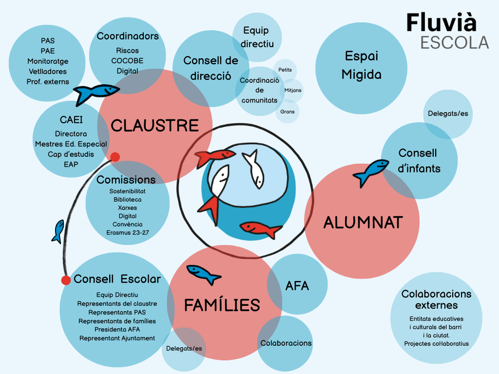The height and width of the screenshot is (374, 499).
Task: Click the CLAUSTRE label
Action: click(154, 125)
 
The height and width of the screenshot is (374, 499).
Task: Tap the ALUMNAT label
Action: click(363, 222)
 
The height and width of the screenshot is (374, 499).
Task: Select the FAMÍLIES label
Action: click(222, 305)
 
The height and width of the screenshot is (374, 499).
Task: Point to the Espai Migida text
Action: click(362, 65)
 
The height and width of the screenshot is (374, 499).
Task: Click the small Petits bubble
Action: click(285, 70)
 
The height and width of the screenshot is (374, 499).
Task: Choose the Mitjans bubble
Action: click(293, 90)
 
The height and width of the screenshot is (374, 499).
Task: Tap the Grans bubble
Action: click(288, 112)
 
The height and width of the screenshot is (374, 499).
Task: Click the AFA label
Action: click(297, 285)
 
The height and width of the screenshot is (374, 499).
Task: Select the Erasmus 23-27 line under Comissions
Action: click(128, 232)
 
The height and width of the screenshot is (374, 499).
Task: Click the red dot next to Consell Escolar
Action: click(66, 280)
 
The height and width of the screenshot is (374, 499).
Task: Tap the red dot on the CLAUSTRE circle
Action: click(115, 157)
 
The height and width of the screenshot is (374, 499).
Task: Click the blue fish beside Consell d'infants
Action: click(371, 172)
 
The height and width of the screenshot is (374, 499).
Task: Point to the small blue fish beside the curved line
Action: click(58, 231)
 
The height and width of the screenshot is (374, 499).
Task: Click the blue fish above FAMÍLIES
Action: click(203, 275)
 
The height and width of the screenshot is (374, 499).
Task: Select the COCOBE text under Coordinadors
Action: click(127, 61)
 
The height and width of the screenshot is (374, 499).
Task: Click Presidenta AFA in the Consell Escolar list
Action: click(117, 330)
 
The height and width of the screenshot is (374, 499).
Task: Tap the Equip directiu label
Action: click(257, 37)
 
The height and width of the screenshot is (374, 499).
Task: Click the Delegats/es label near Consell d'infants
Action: click(448, 113)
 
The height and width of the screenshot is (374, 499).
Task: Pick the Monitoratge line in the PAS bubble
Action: click(48, 61)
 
